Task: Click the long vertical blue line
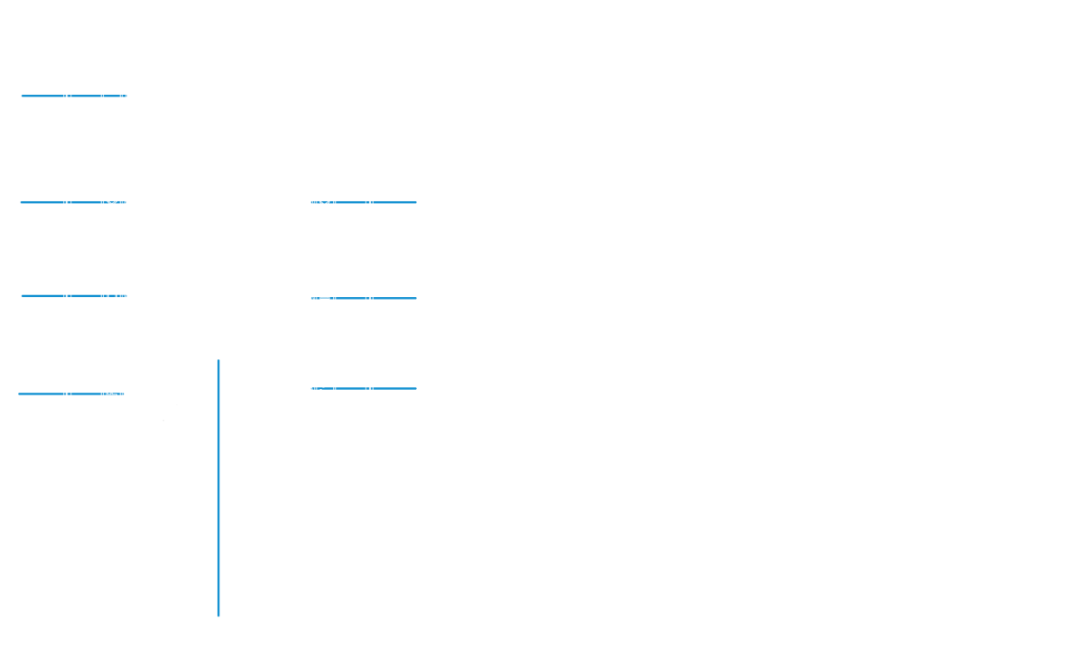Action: click(x=218, y=505)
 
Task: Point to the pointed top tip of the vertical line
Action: click(x=218, y=361)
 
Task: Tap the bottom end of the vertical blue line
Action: click(x=218, y=616)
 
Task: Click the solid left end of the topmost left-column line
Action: click(x=23, y=95)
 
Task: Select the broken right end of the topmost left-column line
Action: click(x=123, y=95)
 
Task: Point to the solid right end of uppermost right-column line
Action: click(x=414, y=202)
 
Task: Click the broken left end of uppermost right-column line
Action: click(x=314, y=202)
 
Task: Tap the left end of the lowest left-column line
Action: click(x=20, y=394)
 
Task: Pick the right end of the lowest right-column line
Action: click(x=414, y=389)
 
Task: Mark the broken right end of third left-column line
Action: click(x=123, y=296)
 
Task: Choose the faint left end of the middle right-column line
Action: click(x=314, y=298)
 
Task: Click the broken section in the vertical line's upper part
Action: click(x=218, y=429)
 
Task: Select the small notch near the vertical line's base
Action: click(x=218, y=588)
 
